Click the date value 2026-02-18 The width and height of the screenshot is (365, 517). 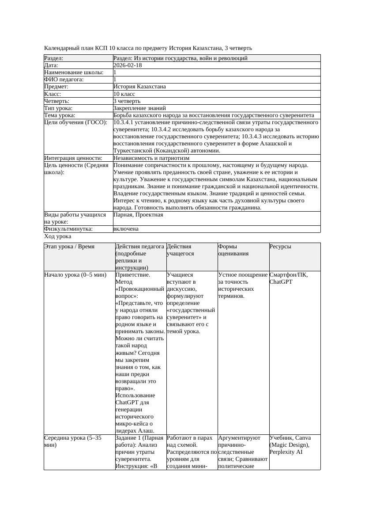click(128, 65)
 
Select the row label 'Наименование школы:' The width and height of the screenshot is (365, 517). click(74, 72)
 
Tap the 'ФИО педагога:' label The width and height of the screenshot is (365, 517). click(64, 80)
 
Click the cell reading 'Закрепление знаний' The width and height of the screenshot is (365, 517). click(139, 108)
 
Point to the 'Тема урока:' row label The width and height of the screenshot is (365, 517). click(60, 115)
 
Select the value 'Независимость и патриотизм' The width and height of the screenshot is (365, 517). click(151, 158)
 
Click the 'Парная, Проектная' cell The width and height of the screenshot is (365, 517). click(138, 215)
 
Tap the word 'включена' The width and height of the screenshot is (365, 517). click(126, 229)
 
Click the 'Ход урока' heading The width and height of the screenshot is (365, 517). click(57, 236)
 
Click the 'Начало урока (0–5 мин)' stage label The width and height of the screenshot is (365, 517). click(75, 275)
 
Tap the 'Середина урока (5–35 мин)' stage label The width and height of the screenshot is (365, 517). click(73, 441)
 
